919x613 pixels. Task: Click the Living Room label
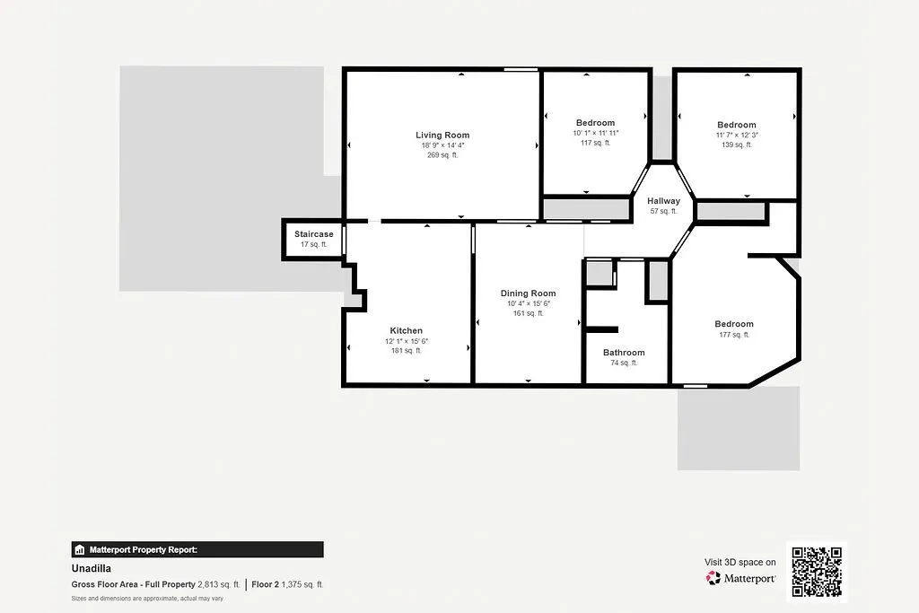(x=442, y=136)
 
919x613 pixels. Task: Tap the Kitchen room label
(x=406, y=330)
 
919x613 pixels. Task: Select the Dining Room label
(x=528, y=293)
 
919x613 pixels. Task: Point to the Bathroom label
(x=624, y=353)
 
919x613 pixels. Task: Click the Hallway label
(x=664, y=201)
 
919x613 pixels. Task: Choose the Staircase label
(x=314, y=234)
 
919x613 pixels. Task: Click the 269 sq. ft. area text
(x=442, y=155)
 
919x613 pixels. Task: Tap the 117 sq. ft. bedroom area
(x=595, y=143)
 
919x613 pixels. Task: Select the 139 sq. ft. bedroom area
(x=736, y=144)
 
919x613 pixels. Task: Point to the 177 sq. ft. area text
(x=733, y=335)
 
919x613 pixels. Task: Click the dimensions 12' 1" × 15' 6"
(x=406, y=341)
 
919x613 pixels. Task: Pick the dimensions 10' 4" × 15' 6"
(x=528, y=303)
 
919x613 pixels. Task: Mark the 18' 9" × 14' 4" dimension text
(x=442, y=145)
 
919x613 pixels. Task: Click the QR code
(x=816, y=572)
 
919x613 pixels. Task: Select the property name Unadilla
(x=91, y=568)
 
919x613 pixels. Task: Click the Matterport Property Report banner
(x=197, y=549)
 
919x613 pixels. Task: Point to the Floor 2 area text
(x=287, y=584)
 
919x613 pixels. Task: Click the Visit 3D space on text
(x=740, y=562)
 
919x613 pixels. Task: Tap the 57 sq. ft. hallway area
(x=664, y=212)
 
